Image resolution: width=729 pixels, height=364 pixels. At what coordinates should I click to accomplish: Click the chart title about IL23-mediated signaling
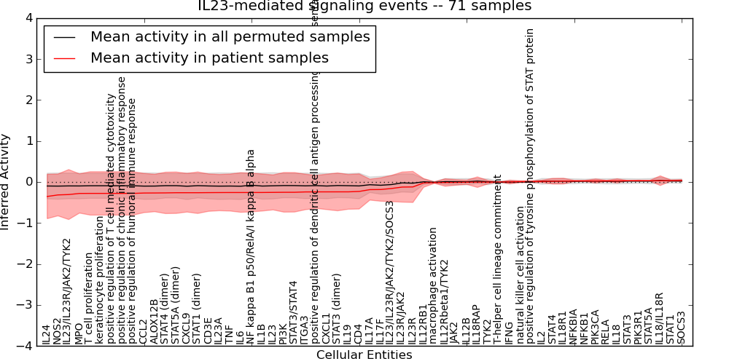click(x=364, y=6)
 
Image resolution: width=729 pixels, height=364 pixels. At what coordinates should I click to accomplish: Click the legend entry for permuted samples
click(x=230, y=36)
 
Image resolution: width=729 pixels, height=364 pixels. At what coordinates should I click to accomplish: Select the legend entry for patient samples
click(x=209, y=58)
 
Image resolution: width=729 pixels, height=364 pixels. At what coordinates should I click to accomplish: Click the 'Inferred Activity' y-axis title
click(x=6, y=182)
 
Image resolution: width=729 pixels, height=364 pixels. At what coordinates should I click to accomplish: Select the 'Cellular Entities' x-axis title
click(x=364, y=355)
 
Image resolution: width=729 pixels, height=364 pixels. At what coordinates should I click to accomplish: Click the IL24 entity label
click(x=46, y=334)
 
